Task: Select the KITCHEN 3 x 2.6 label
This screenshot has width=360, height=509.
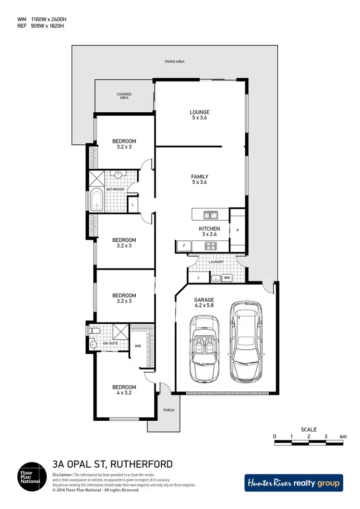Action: [x=209, y=232]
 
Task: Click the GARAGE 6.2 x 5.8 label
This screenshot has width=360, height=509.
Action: [x=204, y=303]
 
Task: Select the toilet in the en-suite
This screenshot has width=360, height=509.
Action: [x=94, y=331]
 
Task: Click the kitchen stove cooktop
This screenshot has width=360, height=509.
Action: [x=210, y=246]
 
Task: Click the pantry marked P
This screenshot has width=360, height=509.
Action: [x=238, y=230]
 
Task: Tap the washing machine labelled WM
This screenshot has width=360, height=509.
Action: [x=227, y=277]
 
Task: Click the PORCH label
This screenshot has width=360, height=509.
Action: [x=168, y=410]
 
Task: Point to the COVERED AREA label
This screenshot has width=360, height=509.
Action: [x=124, y=96]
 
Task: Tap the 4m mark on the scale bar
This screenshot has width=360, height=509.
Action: [x=342, y=437]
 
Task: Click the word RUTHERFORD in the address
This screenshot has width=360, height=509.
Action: [x=142, y=464]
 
